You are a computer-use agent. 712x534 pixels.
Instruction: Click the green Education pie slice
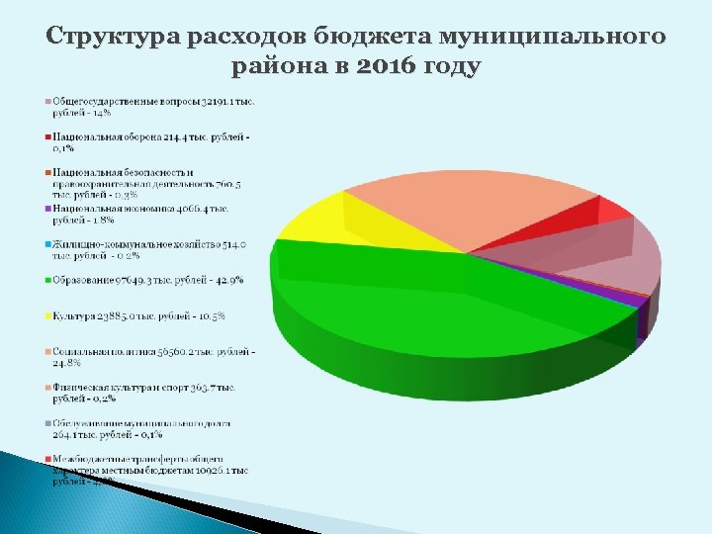[x=435, y=297]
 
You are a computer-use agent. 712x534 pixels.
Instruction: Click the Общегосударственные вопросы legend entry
[x=148, y=106]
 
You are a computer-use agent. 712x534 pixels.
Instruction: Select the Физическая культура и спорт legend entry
[x=143, y=393]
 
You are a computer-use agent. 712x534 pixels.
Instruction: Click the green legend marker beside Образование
[x=46, y=280]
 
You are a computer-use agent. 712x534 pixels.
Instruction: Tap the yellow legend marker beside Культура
[x=46, y=316]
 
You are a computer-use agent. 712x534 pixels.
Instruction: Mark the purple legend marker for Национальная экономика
[x=46, y=209]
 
